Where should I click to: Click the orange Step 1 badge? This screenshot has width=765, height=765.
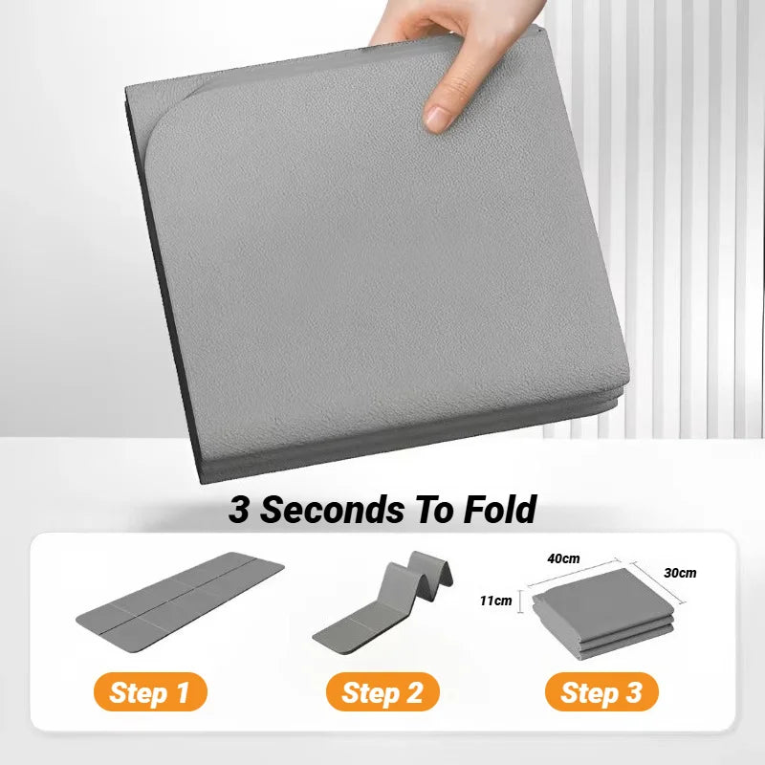click(x=150, y=692)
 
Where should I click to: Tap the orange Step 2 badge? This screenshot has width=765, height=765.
click(x=382, y=692)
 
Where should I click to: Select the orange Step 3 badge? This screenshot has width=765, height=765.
click(x=601, y=692)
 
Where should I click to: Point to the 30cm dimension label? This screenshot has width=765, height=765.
click(x=679, y=574)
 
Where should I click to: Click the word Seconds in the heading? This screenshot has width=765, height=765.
click(x=331, y=510)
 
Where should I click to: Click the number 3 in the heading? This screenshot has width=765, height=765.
click(x=239, y=510)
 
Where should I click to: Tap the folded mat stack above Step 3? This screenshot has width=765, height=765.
click(x=602, y=612)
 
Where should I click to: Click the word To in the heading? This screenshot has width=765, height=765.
click(x=428, y=510)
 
